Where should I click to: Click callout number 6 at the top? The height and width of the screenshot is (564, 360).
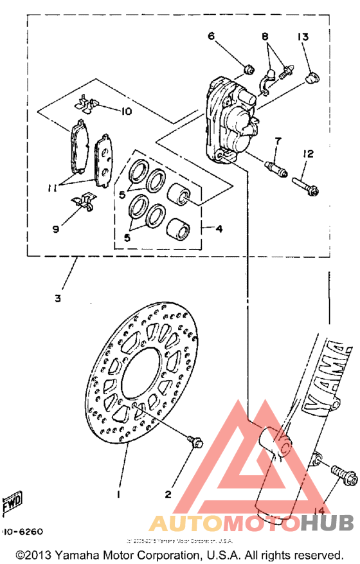tap(210, 37)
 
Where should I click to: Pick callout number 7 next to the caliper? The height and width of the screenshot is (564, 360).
tap(278, 141)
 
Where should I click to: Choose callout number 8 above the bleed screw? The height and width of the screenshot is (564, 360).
tap(264, 37)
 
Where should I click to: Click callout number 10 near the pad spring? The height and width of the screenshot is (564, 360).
tap(125, 111)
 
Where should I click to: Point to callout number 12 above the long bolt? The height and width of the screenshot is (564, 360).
tap(309, 154)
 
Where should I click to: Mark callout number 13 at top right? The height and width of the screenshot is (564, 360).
tap(303, 37)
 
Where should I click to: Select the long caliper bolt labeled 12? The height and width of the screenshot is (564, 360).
tap(306, 185)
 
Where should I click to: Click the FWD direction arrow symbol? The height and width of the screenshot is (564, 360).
tap(11, 501)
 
